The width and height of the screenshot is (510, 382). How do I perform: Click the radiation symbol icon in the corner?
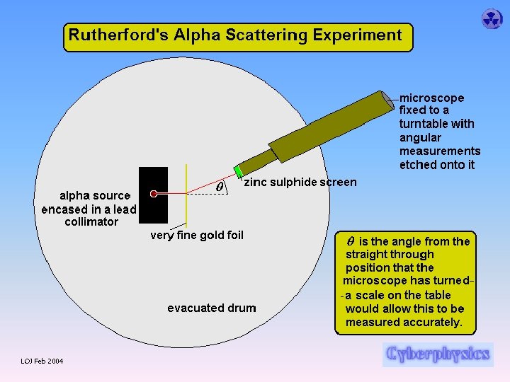tap(492, 18)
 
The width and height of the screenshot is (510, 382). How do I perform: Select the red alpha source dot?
tap(154, 193)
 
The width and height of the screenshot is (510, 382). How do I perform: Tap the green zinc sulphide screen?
tap(239, 171)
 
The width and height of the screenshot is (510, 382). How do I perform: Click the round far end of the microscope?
tap(387, 100)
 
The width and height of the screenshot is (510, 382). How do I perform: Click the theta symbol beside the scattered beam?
tap(220, 186)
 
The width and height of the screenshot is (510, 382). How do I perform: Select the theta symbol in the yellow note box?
tap(350, 241)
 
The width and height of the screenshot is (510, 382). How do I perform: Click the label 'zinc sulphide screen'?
tap(300, 183)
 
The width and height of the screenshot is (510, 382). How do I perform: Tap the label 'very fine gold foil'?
tap(197, 236)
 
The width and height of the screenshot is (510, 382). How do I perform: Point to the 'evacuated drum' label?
tap(212, 308)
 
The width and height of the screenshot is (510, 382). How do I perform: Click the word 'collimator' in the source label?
tap(89, 222)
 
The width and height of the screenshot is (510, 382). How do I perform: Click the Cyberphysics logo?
tap(438, 353)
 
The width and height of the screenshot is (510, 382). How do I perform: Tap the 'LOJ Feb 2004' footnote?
tap(42, 361)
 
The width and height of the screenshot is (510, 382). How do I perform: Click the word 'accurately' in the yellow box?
tap(432, 323)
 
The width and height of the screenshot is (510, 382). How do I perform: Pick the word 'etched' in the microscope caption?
tap(417, 165)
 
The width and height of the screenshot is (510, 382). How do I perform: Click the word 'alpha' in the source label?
tap(74, 195)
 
